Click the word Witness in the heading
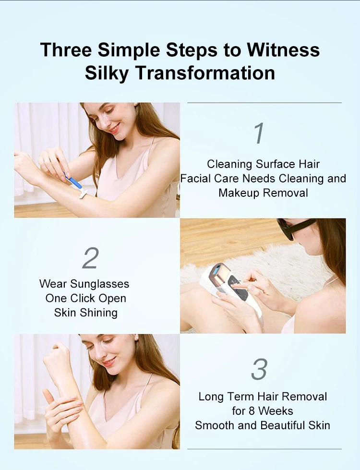pyautogui.click(x=283, y=49)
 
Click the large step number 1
pyautogui.click(x=259, y=133)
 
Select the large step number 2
pyautogui.click(x=90, y=258)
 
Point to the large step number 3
pyautogui.click(x=259, y=369)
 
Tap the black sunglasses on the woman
pyautogui.click(x=295, y=228)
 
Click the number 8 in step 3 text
pyautogui.click(x=252, y=411)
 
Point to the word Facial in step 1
pyautogui.click(x=195, y=179)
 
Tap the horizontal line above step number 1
pyautogui.click(x=264, y=103)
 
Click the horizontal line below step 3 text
pyautogui.click(x=264, y=449)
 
